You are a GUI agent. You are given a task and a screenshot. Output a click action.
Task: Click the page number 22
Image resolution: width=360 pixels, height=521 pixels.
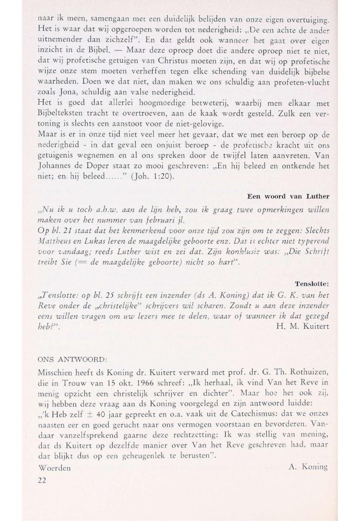pyautogui.click(x=41, y=479)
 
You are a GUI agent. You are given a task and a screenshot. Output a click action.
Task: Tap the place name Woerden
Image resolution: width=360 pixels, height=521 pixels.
pyautogui.click(x=54, y=468)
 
